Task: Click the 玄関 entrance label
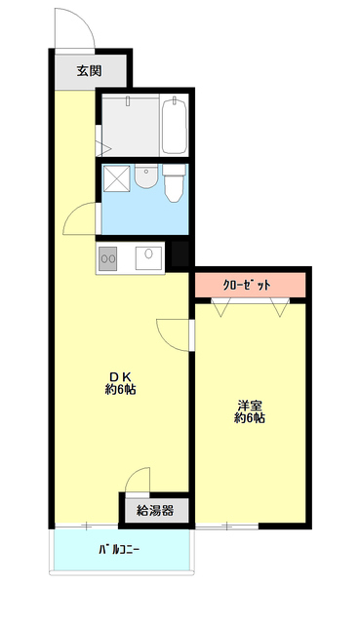[x=89, y=71]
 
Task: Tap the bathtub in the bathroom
[x=174, y=125]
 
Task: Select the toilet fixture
[x=174, y=183]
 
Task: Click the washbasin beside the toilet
[x=145, y=176]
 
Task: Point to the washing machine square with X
[x=117, y=178]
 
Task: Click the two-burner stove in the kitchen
[x=107, y=258]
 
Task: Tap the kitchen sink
[x=148, y=258]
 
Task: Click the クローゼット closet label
[x=247, y=285]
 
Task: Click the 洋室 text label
[x=250, y=406]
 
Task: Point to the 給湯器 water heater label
[x=155, y=511]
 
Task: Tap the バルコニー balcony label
[x=119, y=550]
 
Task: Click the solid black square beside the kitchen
[x=180, y=254]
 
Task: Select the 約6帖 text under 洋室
[x=250, y=418]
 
